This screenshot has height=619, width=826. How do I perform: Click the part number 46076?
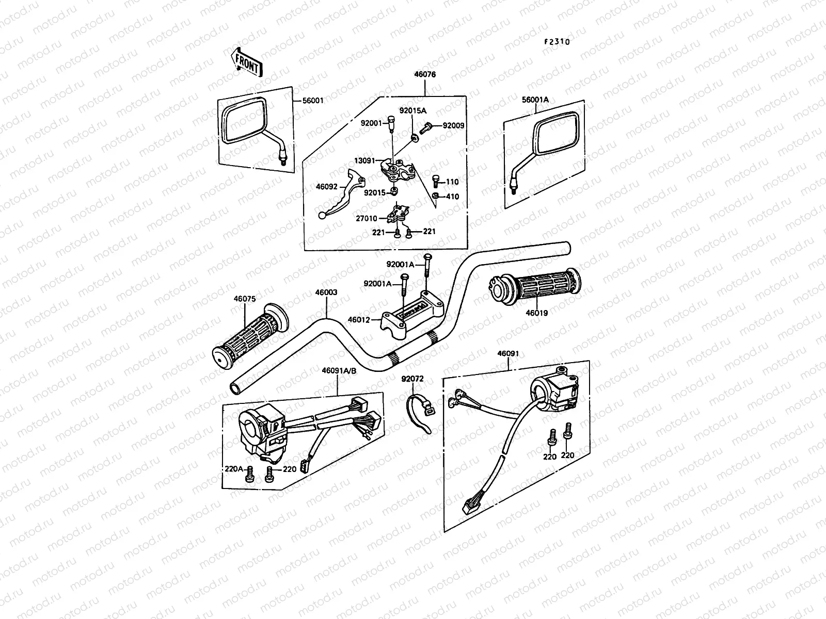click(x=424, y=75)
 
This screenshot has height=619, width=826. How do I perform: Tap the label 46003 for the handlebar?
click(x=326, y=292)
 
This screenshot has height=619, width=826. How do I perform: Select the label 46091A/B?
click(x=338, y=370)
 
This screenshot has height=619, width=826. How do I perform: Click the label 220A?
click(x=233, y=469)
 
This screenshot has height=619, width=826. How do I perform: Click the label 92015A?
click(x=412, y=110)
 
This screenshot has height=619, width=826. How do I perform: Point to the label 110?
click(x=452, y=182)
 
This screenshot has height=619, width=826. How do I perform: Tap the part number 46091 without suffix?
click(x=508, y=354)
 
